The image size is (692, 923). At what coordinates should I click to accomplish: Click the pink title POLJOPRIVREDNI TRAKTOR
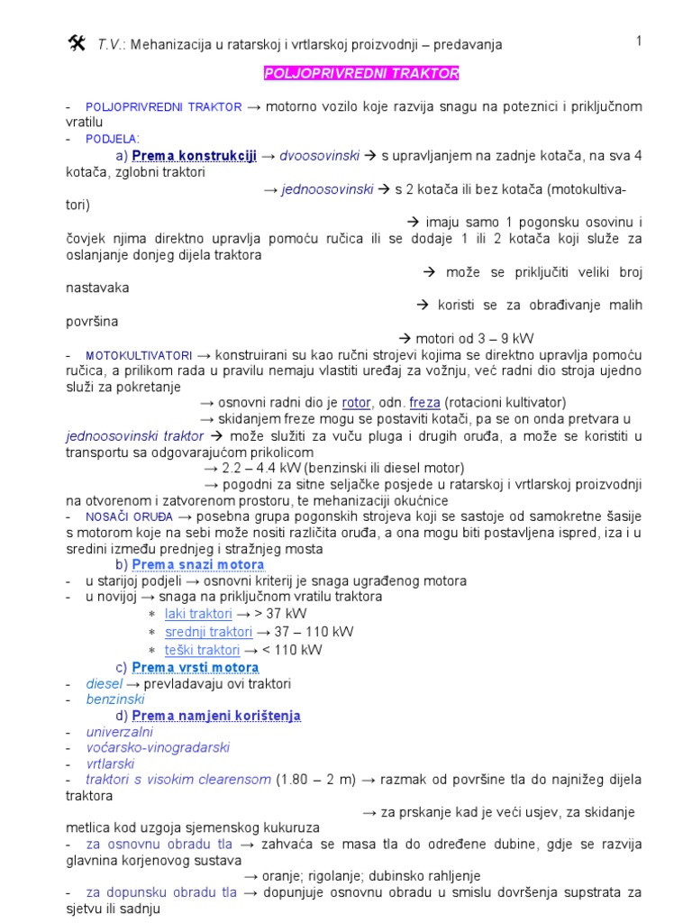tap(360, 73)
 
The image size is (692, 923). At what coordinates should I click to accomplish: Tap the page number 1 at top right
tap(638, 41)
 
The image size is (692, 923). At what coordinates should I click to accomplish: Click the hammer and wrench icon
tap(76, 42)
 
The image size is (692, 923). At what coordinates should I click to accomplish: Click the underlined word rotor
tap(357, 402)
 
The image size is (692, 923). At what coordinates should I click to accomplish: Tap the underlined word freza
tap(424, 402)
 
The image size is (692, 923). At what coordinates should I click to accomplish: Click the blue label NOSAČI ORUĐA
tap(129, 516)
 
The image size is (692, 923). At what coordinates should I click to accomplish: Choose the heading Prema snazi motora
tap(198, 564)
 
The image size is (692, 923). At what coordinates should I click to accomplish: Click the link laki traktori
tap(198, 613)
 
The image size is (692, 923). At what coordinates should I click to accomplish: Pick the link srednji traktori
tap(208, 631)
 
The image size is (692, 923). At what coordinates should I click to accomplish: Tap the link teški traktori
tap(202, 649)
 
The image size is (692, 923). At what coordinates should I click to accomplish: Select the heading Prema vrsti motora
tap(196, 667)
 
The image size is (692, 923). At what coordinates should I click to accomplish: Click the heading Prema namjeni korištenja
tap(216, 716)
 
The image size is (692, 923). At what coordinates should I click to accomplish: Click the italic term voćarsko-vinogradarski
tap(158, 747)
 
